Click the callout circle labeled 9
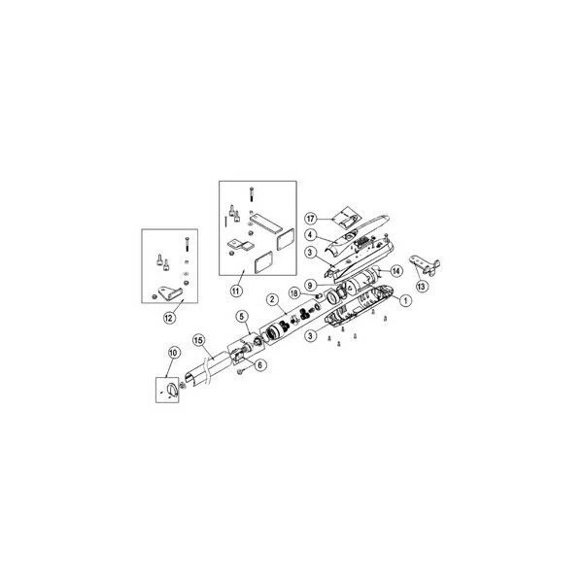tap(308, 285)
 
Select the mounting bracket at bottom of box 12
tap(172, 291)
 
